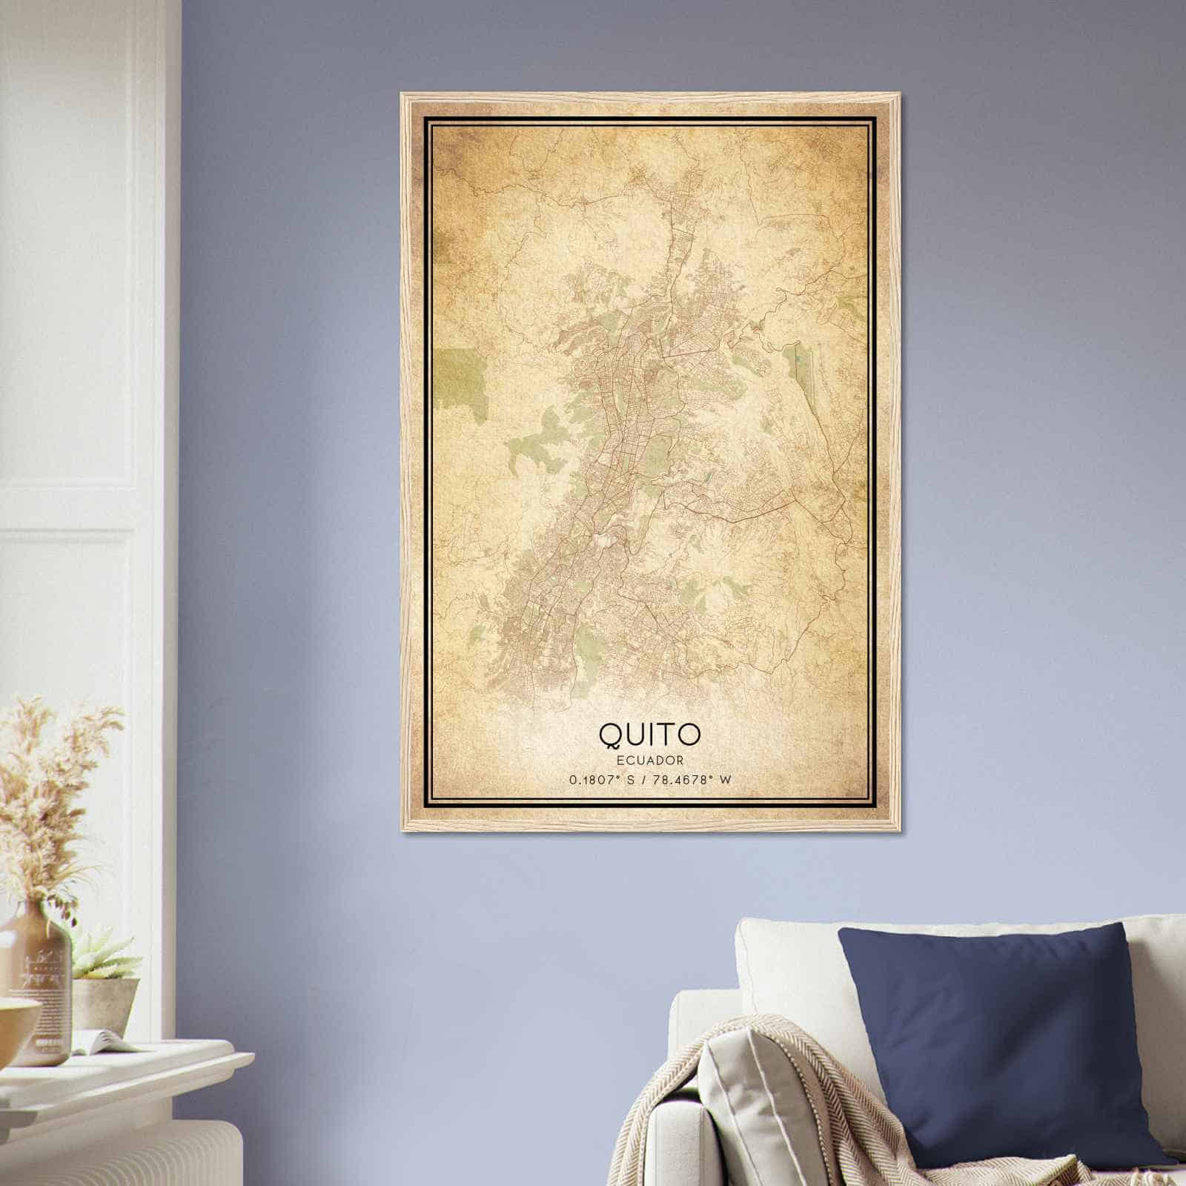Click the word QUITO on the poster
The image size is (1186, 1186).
click(x=649, y=734)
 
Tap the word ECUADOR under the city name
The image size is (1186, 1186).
click(x=649, y=760)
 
